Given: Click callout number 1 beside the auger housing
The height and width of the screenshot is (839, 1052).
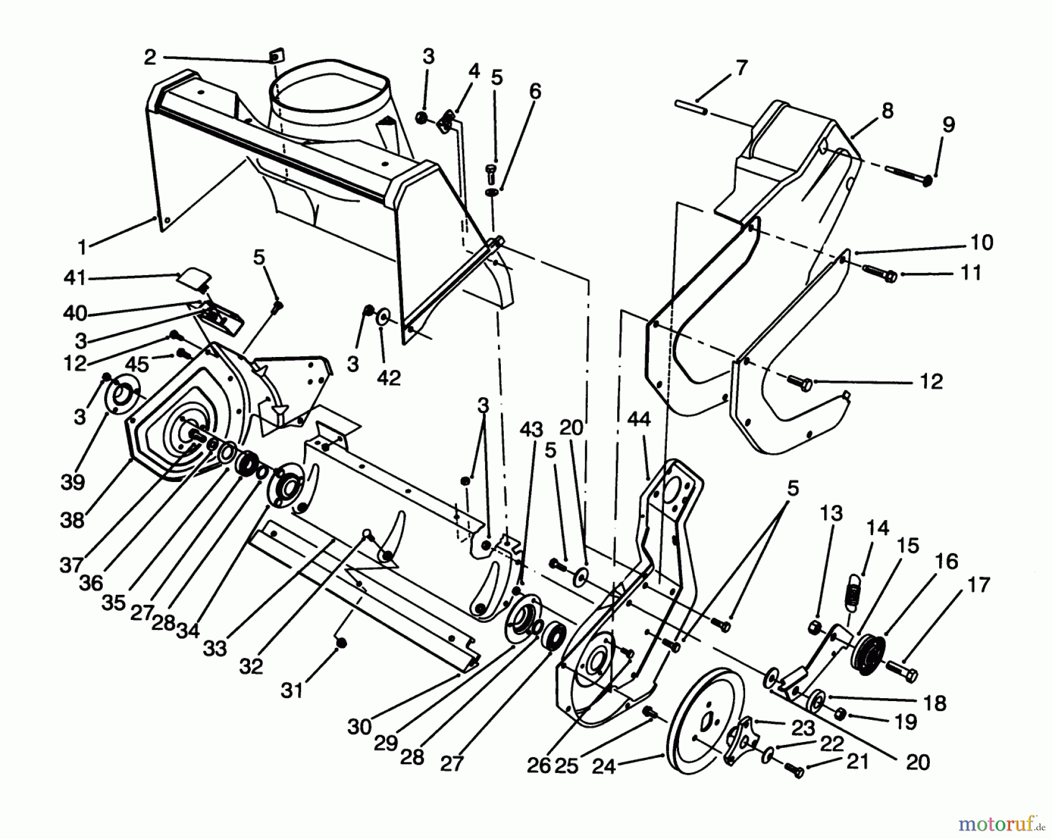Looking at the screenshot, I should tap(82, 248).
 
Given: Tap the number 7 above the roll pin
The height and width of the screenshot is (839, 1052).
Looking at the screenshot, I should tap(741, 68).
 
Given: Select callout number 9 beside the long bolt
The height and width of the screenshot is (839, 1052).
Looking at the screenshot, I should tap(948, 125).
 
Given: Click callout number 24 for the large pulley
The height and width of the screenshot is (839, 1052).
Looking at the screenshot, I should tap(604, 765).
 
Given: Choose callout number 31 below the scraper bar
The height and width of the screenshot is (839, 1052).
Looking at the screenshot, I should tap(292, 691).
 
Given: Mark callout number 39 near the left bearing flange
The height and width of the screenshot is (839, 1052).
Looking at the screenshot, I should tap(72, 483).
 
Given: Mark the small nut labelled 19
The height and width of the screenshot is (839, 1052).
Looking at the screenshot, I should tap(840, 714).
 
